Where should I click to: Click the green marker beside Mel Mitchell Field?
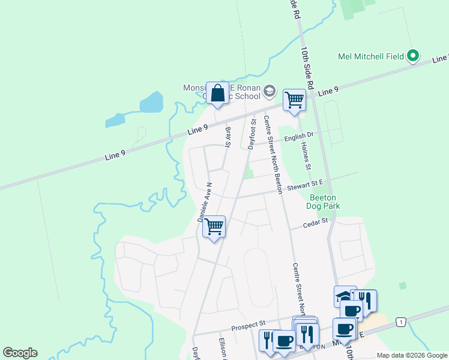[x=412, y=56]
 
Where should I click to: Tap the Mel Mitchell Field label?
[x=370, y=57]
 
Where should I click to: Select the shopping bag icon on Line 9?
[x=217, y=94]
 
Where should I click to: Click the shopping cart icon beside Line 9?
[x=294, y=100]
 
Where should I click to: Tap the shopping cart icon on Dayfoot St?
[x=214, y=227]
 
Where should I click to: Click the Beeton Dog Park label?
[x=324, y=202]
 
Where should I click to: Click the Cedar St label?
[x=316, y=222]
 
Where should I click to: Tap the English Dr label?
[x=299, y=137]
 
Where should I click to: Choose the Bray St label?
[x=228, y=136]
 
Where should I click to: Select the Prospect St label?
[x=249, y=328]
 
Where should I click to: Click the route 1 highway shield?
[x=399, y=323]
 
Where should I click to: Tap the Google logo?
[x=20, y=353]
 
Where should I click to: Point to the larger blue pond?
[x=151, y=102]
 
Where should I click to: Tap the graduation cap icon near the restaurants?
[x=343, y=296]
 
